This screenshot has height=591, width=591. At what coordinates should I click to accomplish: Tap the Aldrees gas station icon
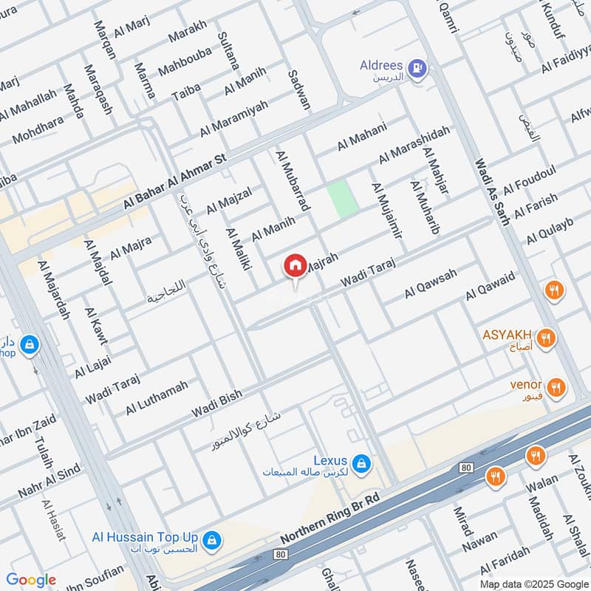417,68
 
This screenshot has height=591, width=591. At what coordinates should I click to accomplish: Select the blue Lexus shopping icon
361,463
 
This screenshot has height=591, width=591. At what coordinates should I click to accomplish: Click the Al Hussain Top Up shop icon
212,540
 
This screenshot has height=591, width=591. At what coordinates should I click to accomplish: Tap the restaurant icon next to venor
556,386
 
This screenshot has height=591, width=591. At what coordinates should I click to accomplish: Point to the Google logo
31,580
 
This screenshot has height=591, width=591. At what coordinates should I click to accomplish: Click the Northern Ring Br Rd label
329,519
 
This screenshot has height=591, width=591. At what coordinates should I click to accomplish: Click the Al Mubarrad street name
290,182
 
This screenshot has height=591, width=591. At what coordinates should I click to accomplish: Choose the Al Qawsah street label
431,283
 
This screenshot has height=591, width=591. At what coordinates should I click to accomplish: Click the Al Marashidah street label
414,145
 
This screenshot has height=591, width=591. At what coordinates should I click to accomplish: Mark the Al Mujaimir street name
387,211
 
